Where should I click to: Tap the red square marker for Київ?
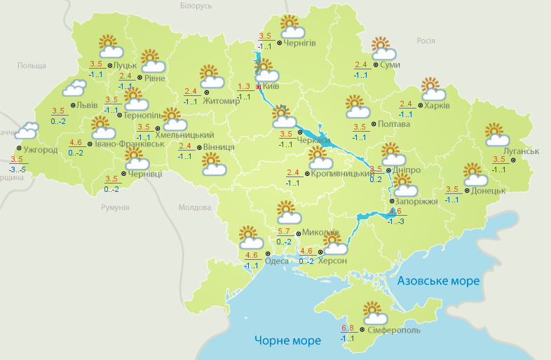(x=258, y=87)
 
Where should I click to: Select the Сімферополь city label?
(x=393, y=329)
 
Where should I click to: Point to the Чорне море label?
(x=287, y=341)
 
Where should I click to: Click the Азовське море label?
(x=438, y=281)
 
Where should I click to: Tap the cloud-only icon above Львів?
(x=74, y=88)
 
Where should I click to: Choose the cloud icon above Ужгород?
(x=27, y=130)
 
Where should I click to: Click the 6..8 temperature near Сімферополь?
(x=347, y=328)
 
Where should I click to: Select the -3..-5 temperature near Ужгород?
(x=17, y=169)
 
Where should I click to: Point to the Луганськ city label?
(x=521, y=151)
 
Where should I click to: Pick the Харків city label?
(x=437, y=106)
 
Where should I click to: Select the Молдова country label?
(x=194, y=208)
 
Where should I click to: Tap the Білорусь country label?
(x=196, y=6)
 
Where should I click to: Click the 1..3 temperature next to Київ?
(x=244, y=86)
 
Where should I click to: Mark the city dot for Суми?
(x=376, y=64)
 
